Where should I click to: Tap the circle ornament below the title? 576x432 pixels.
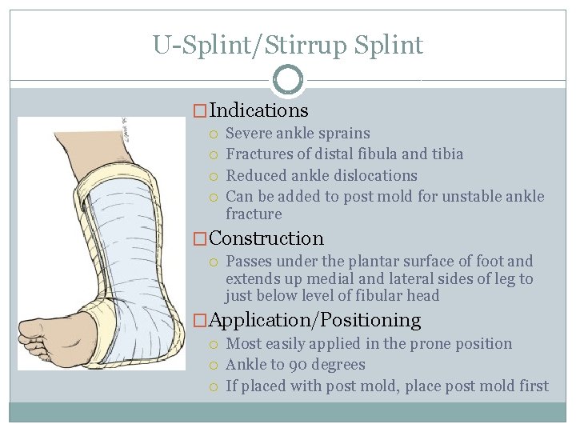coord(288,79)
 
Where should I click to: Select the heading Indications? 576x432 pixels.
coord(258,110)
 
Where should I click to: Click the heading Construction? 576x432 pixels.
coord(266,238)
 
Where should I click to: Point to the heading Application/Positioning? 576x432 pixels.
coord(314,320)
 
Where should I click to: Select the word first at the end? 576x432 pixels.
coord(534,386)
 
